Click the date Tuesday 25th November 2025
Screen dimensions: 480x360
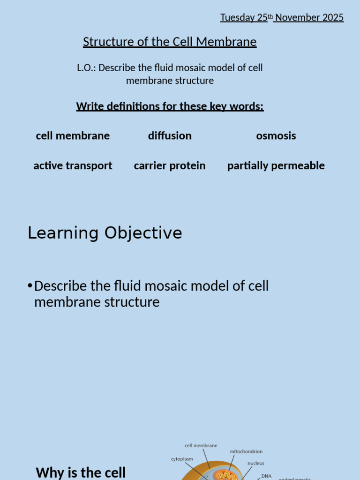(282, 18)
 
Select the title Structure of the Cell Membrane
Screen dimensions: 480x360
(170, 42)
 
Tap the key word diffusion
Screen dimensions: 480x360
(170, 136)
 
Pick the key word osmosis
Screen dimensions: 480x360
(276, 136)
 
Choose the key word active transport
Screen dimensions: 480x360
(73, 165)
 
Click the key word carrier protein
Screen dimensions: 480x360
(170, 165)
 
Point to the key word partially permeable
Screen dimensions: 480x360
(276, 165)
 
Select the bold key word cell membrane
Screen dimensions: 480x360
(73, 136)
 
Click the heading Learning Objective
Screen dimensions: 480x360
(105, 233)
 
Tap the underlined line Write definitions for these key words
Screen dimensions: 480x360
(170, 106)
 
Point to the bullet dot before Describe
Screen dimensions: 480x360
(30, 286)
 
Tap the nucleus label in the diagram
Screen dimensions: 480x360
(256, 463)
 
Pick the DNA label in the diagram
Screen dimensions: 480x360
(266, 476)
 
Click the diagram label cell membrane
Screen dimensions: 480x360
(201, 446)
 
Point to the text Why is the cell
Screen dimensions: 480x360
(81, 472)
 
